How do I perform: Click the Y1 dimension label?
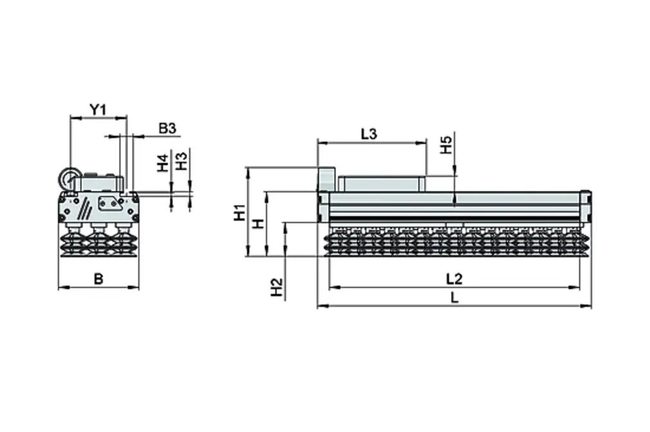coord(97,109)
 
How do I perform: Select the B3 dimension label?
coord(167,129)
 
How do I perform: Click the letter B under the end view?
coord(98,279)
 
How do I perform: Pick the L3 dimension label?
coord(369,134)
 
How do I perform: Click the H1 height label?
coord(239,212)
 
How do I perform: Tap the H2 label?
coord(276,287)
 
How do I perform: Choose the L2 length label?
coord(454,279)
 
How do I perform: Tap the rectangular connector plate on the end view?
coord(109,204)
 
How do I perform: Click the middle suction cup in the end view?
coord(98,240)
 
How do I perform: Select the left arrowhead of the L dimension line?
coord(320,307)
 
